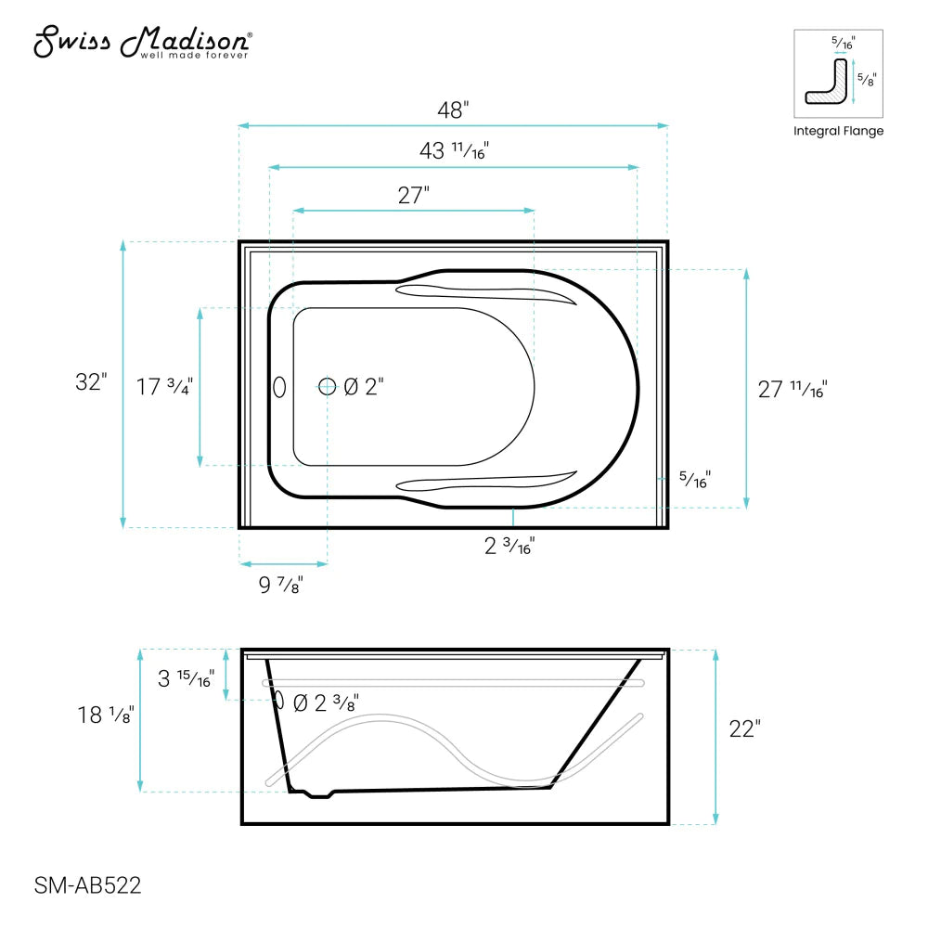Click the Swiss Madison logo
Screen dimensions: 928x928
point(142,42)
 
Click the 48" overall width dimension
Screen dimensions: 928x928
point(453,110)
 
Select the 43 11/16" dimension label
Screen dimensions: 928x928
point(454,150)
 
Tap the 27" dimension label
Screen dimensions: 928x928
point(413,196)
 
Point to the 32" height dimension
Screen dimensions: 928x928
point(92,382)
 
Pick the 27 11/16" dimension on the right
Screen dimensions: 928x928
point(792,390)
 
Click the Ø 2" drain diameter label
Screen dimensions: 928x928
point(364,388)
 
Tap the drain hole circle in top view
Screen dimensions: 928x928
point(327,387)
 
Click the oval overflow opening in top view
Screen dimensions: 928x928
point(279,387)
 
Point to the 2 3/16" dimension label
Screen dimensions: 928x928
point(509,547)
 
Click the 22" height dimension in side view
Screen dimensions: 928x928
point(744,729)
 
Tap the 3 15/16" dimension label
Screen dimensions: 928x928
point(186,678)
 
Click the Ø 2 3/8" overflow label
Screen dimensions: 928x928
point(326,703)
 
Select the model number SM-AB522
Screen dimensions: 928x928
point(87,885)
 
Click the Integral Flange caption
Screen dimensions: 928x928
point(838,131)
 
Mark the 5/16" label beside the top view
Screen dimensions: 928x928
point(694,480)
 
